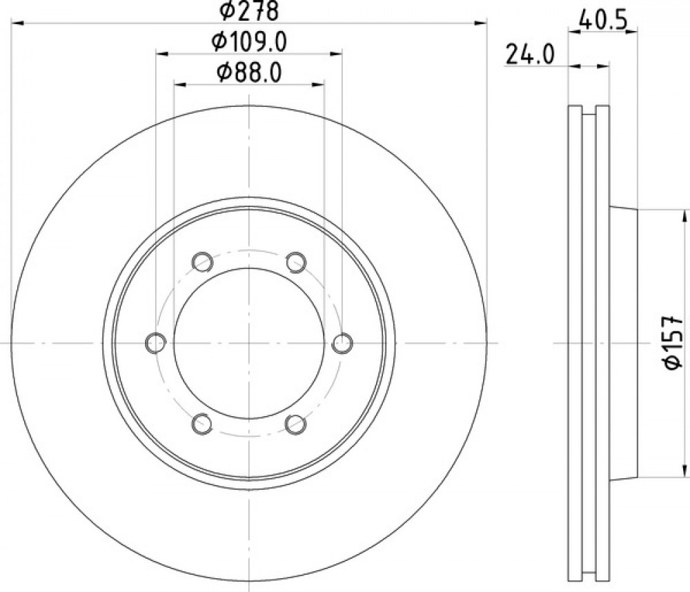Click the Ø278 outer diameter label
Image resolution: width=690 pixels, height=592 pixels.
[x=249, y=10]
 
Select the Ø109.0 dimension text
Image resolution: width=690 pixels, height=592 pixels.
[x=249, y=42]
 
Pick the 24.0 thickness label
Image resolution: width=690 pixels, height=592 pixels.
[x=530, y=55]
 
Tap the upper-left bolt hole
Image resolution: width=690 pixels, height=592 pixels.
[x=202, y=262]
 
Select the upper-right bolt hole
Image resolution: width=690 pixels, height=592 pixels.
[x=296, y=262]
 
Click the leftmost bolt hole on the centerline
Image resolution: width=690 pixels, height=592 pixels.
[x=155, y=343]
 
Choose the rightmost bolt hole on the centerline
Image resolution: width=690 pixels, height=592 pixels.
[x=342, y=343]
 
